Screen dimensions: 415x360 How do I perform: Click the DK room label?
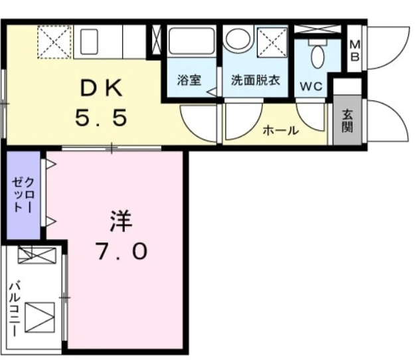click(x=102, y=88)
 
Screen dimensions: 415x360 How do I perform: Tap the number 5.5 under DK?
click(x=102, y=118)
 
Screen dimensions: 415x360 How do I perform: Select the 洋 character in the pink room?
click(x=122, y=221)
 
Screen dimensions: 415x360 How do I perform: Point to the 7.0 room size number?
click(x=122, y=251)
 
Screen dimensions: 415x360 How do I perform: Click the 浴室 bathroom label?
click(x=189, y=80)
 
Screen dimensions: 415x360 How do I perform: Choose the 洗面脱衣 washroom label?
click(x=256, y=80)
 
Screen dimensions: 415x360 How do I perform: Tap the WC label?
click(x=311, y=86)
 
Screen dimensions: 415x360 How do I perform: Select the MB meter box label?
click(x=355, y=50)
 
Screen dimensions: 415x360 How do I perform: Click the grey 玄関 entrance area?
click(x=347, y=120)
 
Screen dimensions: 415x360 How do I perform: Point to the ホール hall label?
click(x=281, y=130)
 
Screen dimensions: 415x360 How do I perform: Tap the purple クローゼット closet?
click(x=23, y=195)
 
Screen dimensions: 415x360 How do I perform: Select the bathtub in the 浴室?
click(x=192, y=41)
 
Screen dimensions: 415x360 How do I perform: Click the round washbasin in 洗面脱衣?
click(x=237, y=39)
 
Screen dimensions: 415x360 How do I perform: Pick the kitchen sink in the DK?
click(x=89, y=42)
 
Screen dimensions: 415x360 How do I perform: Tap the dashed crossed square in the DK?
click(x=54, y=42)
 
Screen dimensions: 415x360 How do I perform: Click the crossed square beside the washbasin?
click(x=272, y=43)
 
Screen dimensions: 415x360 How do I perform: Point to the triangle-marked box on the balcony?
click(x=40, y=317)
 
